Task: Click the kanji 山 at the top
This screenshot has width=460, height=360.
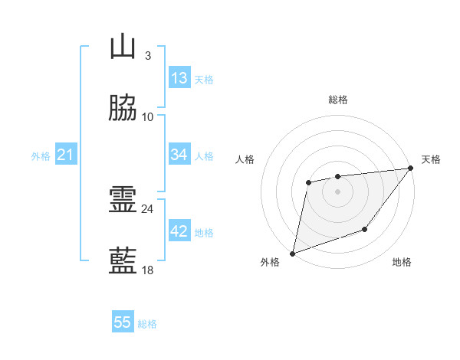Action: click(x=123, y=47)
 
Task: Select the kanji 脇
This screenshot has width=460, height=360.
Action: click(x=123, y=109)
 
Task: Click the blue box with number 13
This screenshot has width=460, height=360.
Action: click(x=179, y=78)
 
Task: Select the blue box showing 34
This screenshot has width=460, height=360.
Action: click(x=179, y=155)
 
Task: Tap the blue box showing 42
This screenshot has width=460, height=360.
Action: click(x=179, y=231)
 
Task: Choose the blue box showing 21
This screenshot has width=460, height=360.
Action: click(x=66, y=155)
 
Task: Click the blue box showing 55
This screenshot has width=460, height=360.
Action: click(x=123, y=322)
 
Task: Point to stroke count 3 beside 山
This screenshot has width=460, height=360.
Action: click(x=148, y=56)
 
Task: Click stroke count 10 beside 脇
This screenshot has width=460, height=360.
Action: click(x=148, y=117)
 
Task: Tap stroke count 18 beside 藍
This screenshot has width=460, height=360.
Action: click(x=148, y=270)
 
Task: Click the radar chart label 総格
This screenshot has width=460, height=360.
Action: click(x=337, y=100)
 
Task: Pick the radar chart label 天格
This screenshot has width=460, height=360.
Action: click(x=431, y=159)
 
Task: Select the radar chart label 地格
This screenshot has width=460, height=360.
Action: click(x=402, y=263)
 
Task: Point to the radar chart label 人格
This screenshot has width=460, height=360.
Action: click(x=245, y=159)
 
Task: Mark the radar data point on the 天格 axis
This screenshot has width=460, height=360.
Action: click(x=411, y=169)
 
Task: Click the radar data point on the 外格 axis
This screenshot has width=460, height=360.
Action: click(x=292, y=253)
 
